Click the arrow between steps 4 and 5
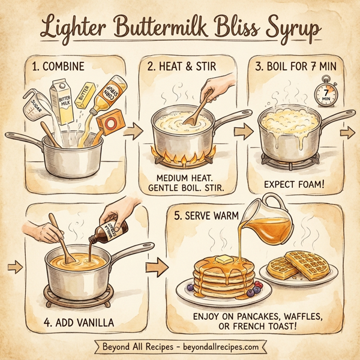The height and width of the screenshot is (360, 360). (158, 263)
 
